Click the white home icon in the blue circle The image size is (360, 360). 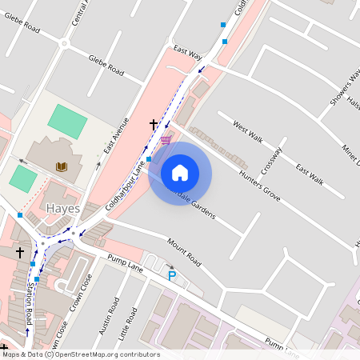[180, 173]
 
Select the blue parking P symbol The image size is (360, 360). [171, 276]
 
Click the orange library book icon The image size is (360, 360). [62, 166]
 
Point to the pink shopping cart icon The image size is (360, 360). [166, 140]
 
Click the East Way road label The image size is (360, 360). [187, 53]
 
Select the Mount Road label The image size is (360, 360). [183, 254]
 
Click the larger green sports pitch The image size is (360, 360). [67, 120]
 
